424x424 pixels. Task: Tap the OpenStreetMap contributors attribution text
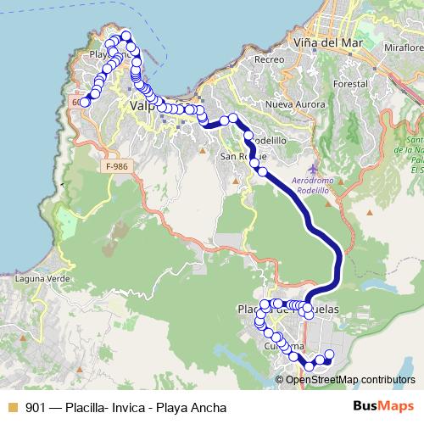tap(348, 379)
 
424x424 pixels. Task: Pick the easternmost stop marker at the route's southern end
tap(330, 354)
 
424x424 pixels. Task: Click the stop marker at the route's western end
tap(85, 102)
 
